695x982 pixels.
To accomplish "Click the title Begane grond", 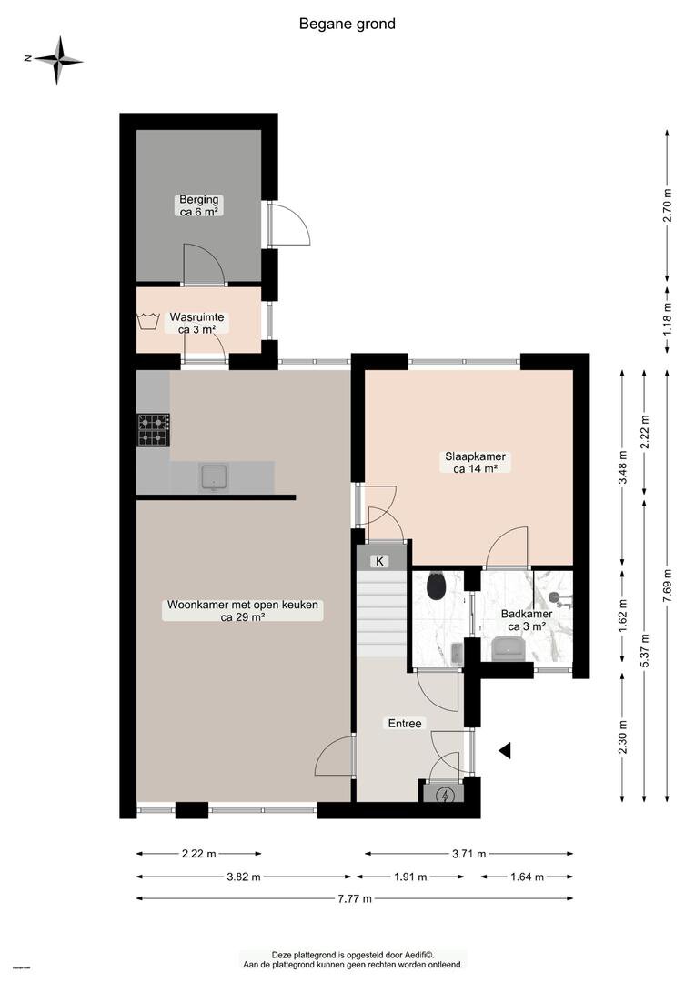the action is (x=347, y=25).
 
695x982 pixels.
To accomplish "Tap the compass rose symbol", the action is (x=56, y=59).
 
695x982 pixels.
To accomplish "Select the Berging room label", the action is (x=198, y=205).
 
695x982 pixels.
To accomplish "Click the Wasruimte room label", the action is (x=196, y=323).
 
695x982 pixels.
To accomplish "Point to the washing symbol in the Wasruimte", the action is (x=148, y=320).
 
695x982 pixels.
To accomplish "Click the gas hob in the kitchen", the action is (x=154, y=429).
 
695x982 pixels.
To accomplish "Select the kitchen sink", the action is (x=215, y=478).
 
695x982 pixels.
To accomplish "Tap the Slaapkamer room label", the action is (x=476, y=462).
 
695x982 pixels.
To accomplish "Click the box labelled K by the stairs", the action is (x=379, y=561).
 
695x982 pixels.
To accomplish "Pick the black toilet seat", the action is (x=436, y=586).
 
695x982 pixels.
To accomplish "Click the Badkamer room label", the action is (x=527, y=620).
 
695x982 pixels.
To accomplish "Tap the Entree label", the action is (x=405, y=724).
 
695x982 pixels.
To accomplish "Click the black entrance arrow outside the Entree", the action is (x=505, y=749).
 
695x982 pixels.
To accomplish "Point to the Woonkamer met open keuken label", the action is (x=243, y=611).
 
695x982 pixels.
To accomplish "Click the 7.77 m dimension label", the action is (x=355, y=898).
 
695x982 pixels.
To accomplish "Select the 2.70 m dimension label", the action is (x=668, y=205).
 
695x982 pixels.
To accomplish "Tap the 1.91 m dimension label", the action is (x=410, y=877).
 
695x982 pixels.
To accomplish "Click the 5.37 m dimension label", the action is (x=645, y=651).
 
